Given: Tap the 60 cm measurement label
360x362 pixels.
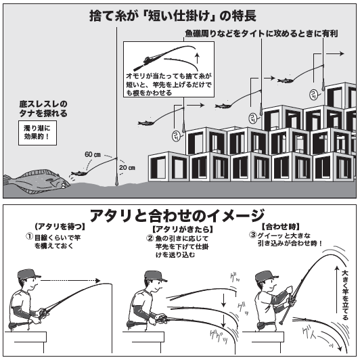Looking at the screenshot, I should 92,154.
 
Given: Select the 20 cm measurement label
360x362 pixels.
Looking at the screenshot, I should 127,167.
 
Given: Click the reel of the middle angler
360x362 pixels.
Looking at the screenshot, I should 161,317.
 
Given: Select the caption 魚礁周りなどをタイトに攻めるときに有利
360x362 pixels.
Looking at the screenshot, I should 261,33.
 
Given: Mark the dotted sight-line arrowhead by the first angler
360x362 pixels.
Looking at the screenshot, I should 97,281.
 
